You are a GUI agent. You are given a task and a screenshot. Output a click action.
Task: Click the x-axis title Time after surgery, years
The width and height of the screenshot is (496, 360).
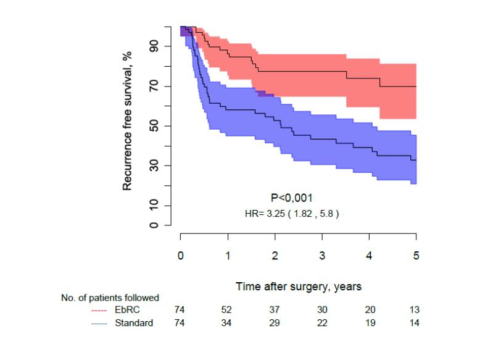[298, 287]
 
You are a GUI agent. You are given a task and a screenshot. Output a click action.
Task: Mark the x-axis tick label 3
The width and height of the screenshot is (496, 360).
[322, 255]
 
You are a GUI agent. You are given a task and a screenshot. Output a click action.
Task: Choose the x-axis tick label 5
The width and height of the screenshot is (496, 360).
[416, 255]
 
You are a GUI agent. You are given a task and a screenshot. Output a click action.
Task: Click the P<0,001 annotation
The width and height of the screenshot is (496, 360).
[292, 198]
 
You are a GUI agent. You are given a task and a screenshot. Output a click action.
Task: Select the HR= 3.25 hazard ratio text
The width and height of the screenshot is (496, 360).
[292, 214]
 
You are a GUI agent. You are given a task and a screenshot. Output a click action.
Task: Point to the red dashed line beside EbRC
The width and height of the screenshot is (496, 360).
[99, 310]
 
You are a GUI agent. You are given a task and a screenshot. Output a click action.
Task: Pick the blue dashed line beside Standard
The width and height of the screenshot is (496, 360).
[99, 322]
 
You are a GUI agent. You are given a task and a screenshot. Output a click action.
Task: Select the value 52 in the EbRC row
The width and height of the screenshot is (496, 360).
[228, 310]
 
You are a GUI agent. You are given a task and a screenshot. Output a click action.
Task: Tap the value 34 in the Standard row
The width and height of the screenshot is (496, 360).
[228, 322]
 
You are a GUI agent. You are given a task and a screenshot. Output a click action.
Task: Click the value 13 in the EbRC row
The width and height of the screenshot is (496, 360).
[416, 310]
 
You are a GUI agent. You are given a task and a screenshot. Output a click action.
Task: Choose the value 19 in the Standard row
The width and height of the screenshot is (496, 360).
[369, 322]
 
